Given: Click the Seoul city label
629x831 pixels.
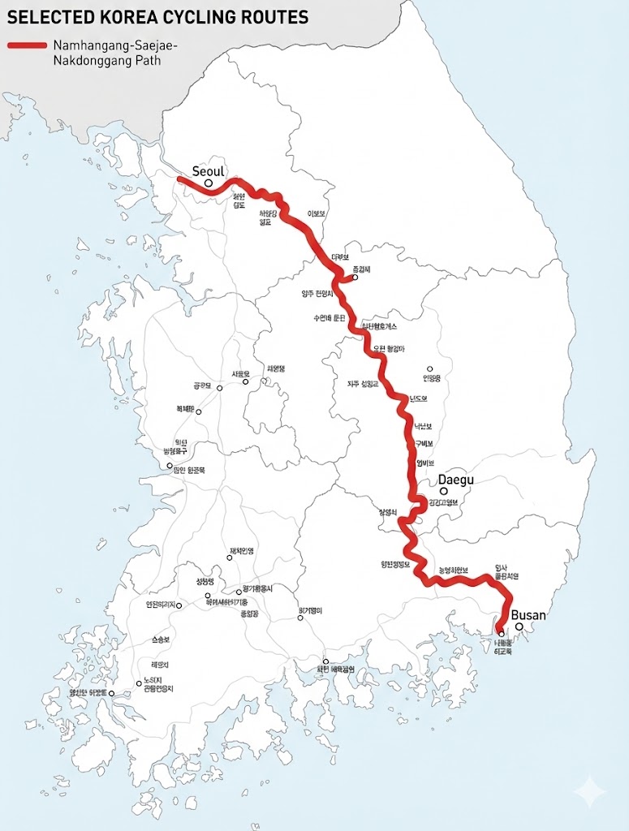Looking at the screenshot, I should (x=208, y=171).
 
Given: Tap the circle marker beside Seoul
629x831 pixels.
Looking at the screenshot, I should (x=209, y=183).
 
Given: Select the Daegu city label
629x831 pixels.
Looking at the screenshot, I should (x=455, y=480).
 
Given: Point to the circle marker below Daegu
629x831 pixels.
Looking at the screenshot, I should (x=444, y=491).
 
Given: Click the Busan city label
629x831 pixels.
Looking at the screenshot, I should (x=528, y=615).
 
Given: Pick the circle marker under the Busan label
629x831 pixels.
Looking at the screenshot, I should (x=519, y=626).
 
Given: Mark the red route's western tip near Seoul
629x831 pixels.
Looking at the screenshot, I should (x=180, y=178).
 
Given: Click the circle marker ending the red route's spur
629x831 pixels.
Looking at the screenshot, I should (x=355, y=278).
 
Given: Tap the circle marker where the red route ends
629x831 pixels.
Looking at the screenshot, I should (x=501, y=635).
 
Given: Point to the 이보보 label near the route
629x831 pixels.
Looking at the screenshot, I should (x=317, y=214).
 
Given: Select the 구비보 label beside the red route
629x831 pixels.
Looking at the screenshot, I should (x=424, y=444).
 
